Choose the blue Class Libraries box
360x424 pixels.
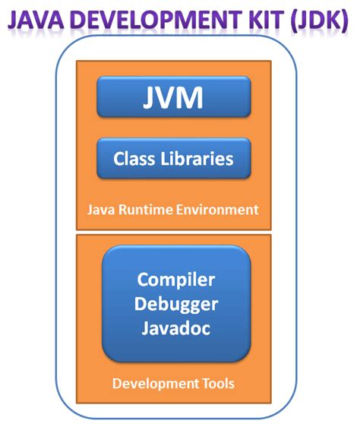point(174,159)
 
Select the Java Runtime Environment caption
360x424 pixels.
point(174,209)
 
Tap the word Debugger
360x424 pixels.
point(175,305)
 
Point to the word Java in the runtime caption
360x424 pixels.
point(100,209)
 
